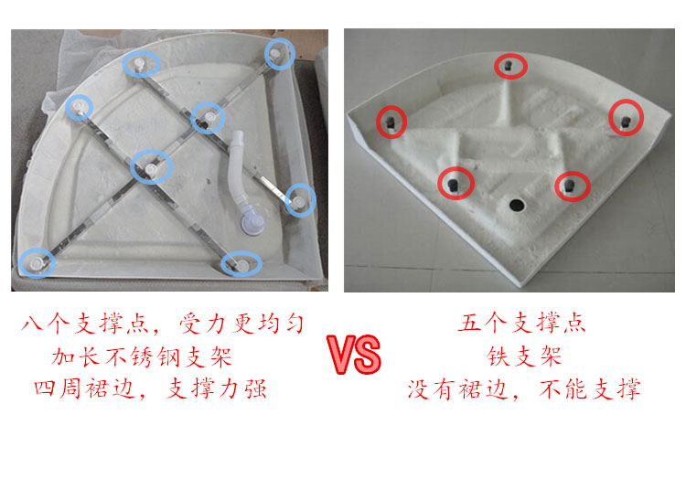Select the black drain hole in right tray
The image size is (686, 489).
[517, 204]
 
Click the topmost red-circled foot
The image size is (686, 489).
[508, 66]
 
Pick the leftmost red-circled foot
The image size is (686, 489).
[391, 122]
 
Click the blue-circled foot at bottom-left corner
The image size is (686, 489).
[36, 262]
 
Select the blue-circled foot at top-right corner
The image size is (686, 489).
[275, 54]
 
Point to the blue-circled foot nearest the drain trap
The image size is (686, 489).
[299, 201]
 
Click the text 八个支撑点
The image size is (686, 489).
[84, 324]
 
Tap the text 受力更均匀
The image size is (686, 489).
[241, 324]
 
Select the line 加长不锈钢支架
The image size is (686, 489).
[142, 357]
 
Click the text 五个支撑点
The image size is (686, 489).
[522, 323]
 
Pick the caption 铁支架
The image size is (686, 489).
[524, 356]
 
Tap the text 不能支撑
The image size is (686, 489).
[590, 389]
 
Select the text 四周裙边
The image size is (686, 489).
[84, 388]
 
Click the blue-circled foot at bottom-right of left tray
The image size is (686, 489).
[241, 264]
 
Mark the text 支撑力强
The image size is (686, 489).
[217, 388]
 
